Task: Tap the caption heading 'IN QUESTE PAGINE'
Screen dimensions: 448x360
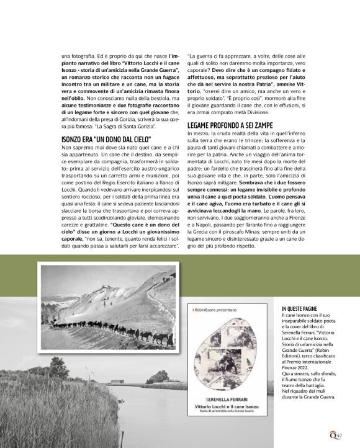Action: click(300, 308)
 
